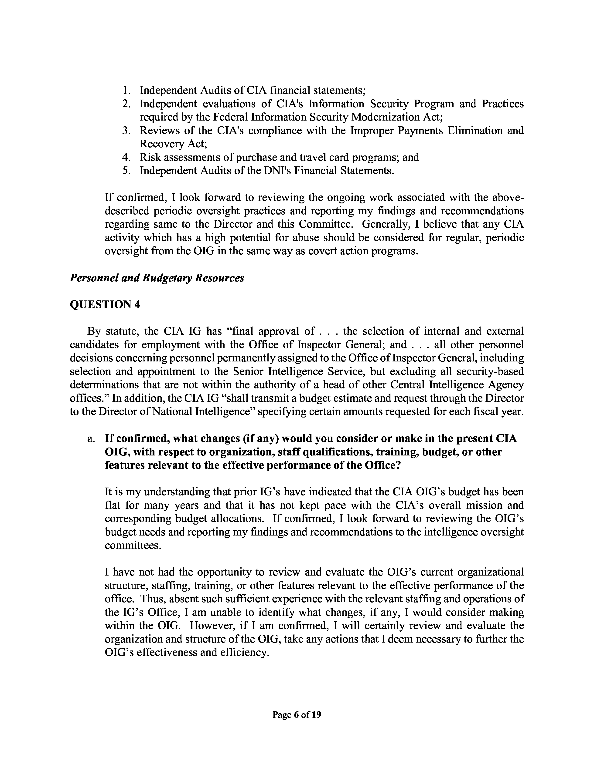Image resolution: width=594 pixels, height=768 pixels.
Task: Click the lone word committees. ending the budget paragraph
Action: pos(133,546)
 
